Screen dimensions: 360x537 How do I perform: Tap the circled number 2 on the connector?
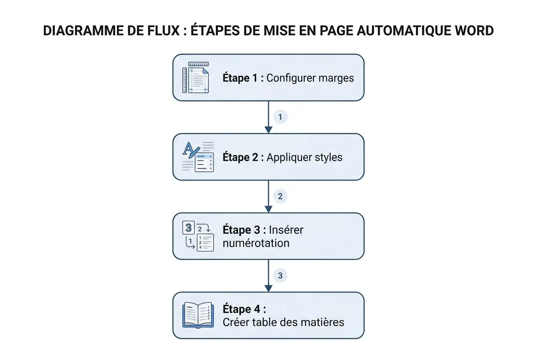click(x=280, y=196)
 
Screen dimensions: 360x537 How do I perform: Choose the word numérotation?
click(x=256, y=243)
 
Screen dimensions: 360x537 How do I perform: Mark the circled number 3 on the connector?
click(x=280, y=276)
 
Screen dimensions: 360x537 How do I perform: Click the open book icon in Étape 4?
click(x=198, y=315)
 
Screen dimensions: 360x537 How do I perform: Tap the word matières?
click(x=326, y=322)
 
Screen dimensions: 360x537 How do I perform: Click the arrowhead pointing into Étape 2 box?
click(x=268, y=129)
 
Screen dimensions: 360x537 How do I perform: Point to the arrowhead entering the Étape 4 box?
click(x=268, y=288)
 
